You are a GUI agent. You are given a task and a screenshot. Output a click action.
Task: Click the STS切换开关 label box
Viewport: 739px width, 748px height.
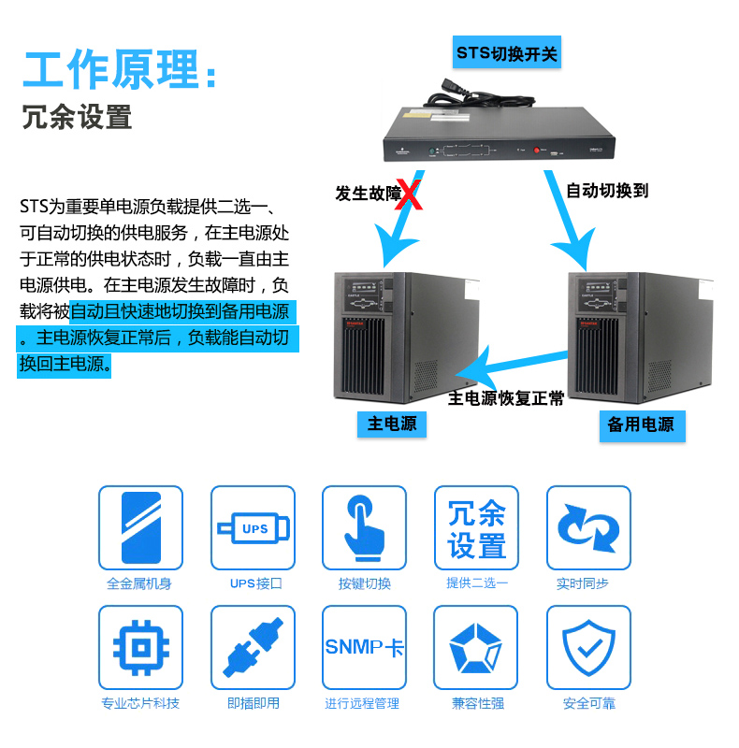[x=506, y=52]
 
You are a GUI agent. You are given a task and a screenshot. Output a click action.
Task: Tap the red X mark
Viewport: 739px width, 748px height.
[x=410, y=194]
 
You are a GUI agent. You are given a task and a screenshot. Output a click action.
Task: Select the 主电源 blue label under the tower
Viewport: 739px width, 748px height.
[x=392, y=424]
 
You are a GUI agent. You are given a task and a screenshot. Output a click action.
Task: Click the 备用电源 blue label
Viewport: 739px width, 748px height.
[x=642, y=425]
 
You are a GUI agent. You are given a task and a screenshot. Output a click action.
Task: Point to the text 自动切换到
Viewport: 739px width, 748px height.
[x=607, y=191]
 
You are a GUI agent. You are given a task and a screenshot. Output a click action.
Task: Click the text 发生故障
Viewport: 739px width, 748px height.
[x=368, y=194]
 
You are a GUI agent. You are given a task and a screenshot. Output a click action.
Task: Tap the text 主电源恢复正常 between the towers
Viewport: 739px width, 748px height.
[x=506, y=398]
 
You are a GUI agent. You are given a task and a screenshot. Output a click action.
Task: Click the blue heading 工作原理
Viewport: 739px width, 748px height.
[x=110, y=69]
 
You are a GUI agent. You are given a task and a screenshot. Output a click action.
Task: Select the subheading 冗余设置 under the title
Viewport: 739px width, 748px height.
[x=77, y=117]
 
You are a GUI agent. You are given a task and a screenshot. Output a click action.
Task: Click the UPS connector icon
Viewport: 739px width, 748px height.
[x=253, y=527]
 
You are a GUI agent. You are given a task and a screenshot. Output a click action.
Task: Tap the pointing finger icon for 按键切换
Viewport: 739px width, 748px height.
[x=364, y=527]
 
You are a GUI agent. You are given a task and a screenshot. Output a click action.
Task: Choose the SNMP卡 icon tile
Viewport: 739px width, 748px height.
[x=364, y=647]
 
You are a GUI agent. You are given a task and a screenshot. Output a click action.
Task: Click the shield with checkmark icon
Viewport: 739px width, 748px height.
[x=588, y=647]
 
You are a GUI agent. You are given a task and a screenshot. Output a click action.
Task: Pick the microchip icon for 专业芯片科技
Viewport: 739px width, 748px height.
[x=141, y=647]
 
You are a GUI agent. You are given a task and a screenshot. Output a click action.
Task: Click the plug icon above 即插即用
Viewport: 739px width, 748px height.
[x=253, y=647]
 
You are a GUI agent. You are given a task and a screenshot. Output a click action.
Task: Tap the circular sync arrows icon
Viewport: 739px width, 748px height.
[x=588, y=527]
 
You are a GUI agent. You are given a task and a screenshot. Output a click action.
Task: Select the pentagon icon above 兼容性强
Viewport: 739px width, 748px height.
[x=476, y=647]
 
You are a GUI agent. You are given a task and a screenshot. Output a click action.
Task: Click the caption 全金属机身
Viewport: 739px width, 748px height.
[x=139, y=583]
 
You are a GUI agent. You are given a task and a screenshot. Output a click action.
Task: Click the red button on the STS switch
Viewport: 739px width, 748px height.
[x=537, y=151]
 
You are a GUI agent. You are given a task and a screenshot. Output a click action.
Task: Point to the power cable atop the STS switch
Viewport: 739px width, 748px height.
[x=477, y=96]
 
